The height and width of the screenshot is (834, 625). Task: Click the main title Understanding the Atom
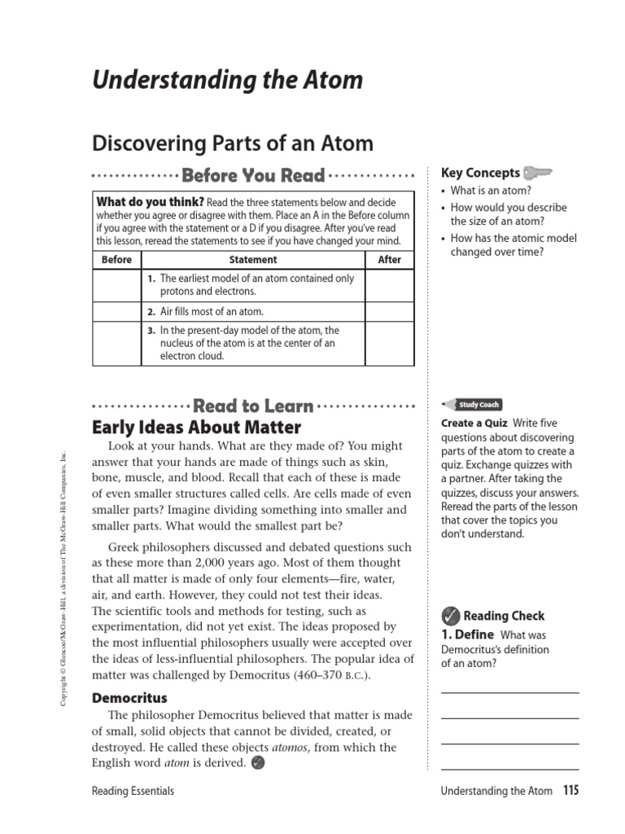227,81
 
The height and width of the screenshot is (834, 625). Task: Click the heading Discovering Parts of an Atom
233,143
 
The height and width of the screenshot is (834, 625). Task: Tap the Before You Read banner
253,176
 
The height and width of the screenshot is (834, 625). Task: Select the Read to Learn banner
253,406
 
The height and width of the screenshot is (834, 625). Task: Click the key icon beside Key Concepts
538,173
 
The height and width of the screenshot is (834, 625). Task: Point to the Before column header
117,260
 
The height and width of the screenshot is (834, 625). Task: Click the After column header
390,260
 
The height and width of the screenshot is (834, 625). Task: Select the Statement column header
253,260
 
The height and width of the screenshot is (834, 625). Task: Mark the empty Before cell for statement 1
117,285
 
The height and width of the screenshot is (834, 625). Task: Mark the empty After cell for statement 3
390,343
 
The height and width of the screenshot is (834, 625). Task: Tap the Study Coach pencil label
472,405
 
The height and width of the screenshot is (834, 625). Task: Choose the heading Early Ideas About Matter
197,428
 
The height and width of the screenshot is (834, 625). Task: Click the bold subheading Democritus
129,698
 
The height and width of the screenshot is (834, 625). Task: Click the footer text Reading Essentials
133,791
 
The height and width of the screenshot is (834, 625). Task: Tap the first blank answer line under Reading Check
509,691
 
